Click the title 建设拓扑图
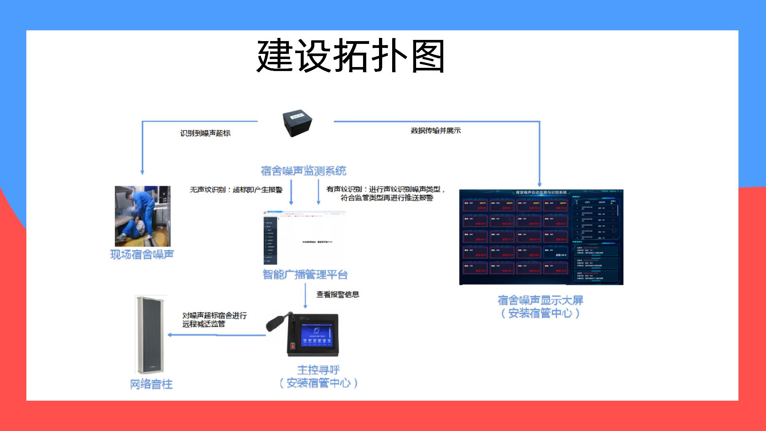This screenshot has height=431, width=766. point(350,56)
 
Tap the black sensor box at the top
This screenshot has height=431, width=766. point(297,123)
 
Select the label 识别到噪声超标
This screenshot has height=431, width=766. point(205,133)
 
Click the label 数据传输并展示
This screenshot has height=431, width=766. point(436,130)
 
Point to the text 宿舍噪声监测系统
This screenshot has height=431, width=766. point(303,171)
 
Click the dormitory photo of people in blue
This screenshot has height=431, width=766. point(142,216)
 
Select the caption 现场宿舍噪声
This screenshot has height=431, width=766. point(142,255)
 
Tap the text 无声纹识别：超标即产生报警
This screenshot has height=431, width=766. point(236,190)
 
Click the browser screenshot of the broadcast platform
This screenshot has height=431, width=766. point(304,238)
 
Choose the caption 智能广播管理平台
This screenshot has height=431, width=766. point(305,275)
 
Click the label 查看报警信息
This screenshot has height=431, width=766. point(338,295)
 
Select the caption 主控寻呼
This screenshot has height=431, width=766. point(318,370)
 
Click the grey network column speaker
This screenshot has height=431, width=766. point(150,334)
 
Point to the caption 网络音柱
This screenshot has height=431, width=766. point(151,384)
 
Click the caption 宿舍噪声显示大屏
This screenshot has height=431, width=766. point(540,300)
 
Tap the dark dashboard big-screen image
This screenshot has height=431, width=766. point(541,237)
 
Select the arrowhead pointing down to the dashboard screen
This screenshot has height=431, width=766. point(539,184)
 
